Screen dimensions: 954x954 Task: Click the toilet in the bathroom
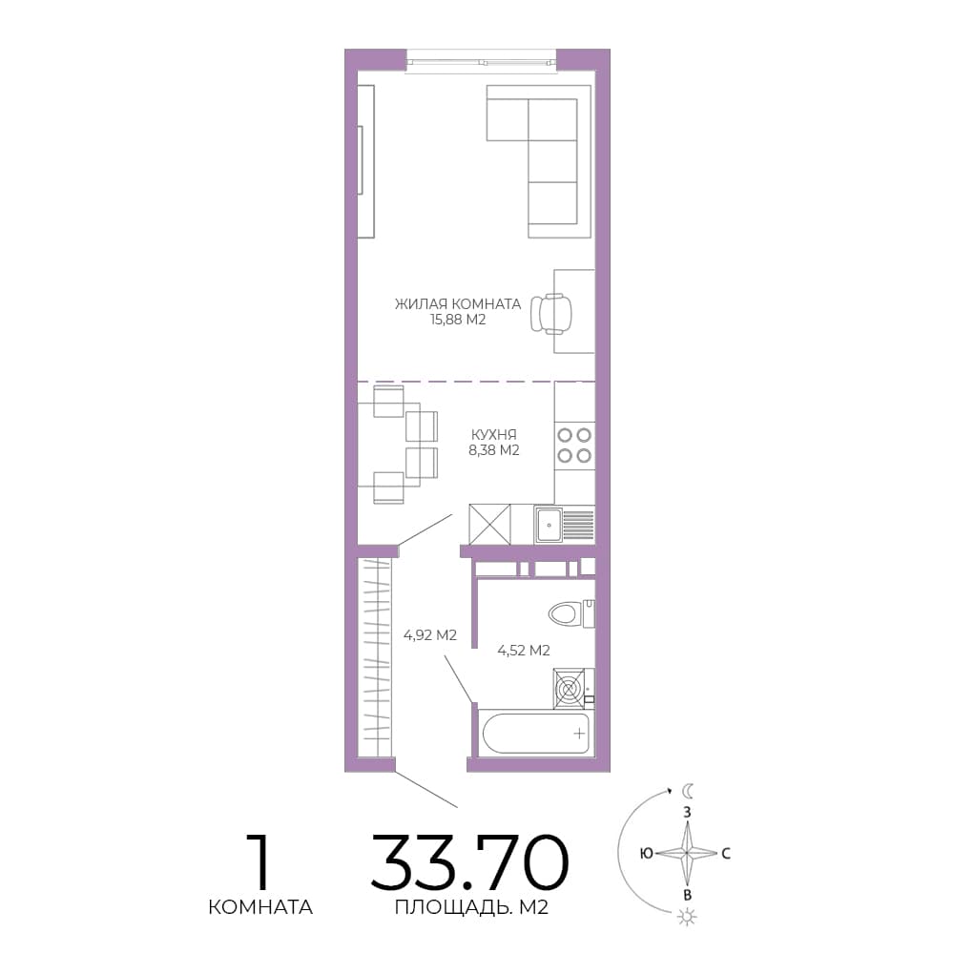(570, 613)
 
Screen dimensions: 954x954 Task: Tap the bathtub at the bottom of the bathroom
(536, 733)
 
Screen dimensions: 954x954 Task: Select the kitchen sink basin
(549, 525)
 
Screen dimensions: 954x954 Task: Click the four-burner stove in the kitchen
(574, 446)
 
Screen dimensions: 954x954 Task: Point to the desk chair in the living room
(551, 314)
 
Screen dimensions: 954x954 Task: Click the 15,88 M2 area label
(458, 320)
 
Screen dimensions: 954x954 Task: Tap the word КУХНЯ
(494, 434)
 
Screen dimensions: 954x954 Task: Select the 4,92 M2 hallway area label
(430, 635)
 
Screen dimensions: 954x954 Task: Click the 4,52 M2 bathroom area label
(524, 651)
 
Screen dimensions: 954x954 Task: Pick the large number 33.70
(469, 861)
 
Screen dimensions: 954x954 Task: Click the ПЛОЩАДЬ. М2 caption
(471, 907)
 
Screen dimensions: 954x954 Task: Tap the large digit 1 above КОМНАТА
(259, 861)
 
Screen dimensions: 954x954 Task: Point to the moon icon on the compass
(688, 791)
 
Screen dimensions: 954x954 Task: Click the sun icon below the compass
(687, 916)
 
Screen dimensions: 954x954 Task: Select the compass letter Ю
(646, 854)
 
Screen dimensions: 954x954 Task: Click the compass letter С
(726, 854)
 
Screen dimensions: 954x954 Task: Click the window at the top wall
(481, 61)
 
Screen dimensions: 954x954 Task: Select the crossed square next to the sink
(489, 525)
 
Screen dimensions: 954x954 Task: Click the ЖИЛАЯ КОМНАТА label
(458, 303)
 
